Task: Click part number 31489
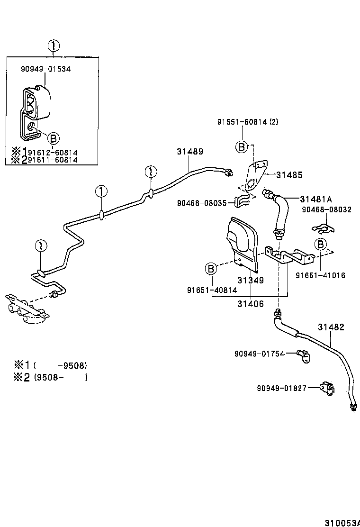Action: tap(190, 152)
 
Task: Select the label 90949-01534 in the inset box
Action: tap(45, 69)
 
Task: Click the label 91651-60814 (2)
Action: tap(248, 122)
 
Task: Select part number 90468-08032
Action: tap(326, 209)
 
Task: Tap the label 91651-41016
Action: tap(321, 275)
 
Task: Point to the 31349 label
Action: tap(251, 280)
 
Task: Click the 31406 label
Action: tap(251, 304)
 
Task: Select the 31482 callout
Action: tap(331, 327)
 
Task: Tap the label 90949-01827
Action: tap(282, 388)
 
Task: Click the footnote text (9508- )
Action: tap(60, 378)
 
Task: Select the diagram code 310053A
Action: tap(342, 523)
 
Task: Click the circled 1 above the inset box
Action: tap(54, 46)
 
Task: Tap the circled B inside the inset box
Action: tap(54, 138)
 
